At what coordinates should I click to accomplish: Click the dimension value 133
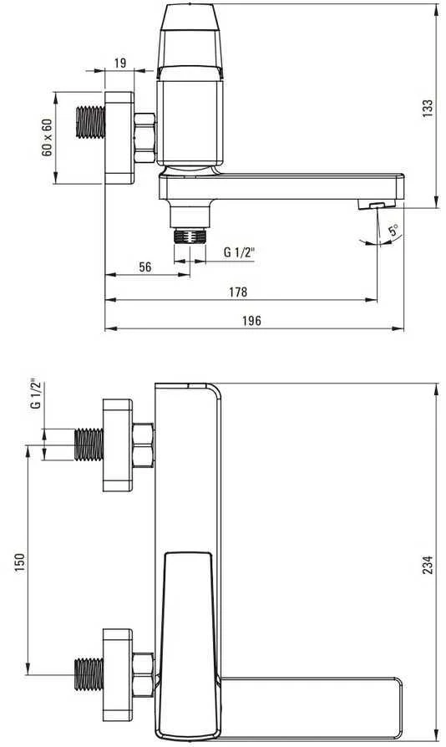[x=428, y=108]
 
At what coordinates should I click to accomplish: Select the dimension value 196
[x=251, y=321]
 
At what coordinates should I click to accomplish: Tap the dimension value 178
[x=238, y=292]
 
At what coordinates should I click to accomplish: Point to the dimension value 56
[x=145, y=267]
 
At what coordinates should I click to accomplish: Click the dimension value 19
[x=120, y=63]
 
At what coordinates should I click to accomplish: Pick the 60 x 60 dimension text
[x=47, y=138]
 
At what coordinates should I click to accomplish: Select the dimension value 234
[x=428, y=564]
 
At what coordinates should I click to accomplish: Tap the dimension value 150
[x=19, y=562]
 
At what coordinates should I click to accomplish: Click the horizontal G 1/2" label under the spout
[x=239, y=252]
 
